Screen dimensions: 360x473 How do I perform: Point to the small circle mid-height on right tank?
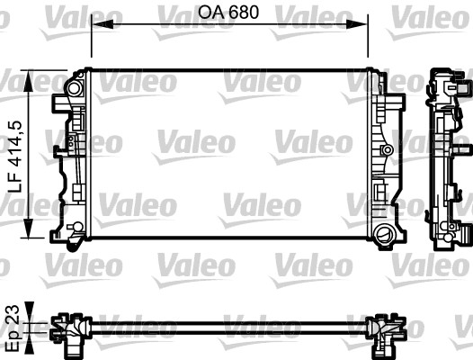[387, 148]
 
